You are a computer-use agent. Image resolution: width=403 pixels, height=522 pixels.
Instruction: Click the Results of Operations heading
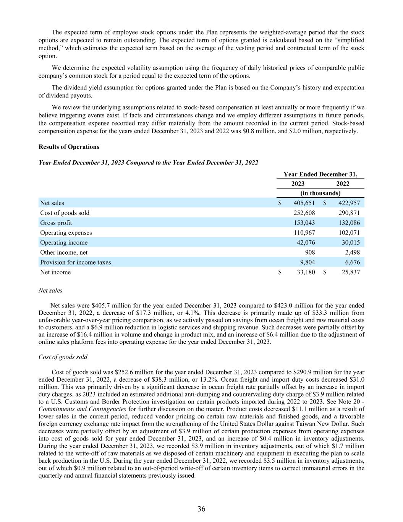pyautogui.click(x=69, y=147)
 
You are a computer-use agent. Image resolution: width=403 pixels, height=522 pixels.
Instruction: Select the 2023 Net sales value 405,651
pyautogui.click(x=301, y=203)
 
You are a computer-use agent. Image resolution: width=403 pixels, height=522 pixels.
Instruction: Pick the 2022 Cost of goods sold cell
pyautogui.click(x=346, y=213)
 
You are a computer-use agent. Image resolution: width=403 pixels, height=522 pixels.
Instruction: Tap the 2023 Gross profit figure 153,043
pyautogui.click(x=301, y=223)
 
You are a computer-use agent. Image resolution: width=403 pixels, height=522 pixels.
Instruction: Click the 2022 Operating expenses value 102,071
pyautogui.click(x=346, y=233)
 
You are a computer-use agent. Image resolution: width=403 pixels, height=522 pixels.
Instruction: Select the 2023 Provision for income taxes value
pyautogui.click(x=306, y=262)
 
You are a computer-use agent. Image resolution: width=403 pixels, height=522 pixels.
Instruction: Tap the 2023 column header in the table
pyautogui.click(x=298, y=184)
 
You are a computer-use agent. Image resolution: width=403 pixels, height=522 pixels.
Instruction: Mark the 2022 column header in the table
pyautogui.click(x=343, y=184)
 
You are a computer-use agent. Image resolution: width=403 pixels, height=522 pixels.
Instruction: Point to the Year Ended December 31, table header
pyautogui.click(x=320, y=174)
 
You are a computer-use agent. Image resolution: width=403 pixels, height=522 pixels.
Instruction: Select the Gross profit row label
pyautogui.click(x=56, y=223)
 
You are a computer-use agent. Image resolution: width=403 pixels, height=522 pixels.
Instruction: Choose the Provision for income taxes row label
pyautogui.click(x=76, y=262)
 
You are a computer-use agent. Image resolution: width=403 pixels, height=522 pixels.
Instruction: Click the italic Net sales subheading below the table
pyautogui.click(x=50, y=291)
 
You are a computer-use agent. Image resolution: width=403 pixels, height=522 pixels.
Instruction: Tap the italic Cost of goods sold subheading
pyautogui.click(x=63, y=357)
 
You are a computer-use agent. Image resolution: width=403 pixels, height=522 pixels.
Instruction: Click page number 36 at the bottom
pyautogui.click(x=201, y=509)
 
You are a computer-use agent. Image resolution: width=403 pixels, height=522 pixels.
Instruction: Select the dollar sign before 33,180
pyautogui.click(x=280, y=272)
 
